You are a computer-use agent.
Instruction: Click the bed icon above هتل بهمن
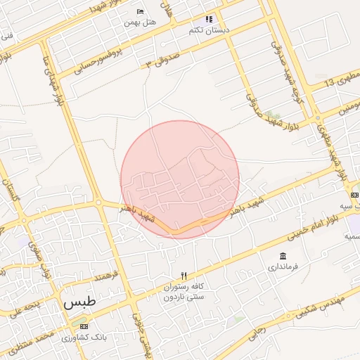click(140, 12)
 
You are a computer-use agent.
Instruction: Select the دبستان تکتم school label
click(206, 31)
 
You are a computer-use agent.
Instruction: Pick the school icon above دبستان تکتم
click(208, 19)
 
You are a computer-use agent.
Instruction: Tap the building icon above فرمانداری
click(283, 255)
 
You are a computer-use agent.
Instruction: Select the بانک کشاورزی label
click(84, 337)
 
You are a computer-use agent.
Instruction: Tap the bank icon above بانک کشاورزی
click(84, 326)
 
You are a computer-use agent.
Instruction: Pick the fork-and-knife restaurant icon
click(184, 275)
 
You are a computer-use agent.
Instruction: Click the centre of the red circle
click(180, 179)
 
